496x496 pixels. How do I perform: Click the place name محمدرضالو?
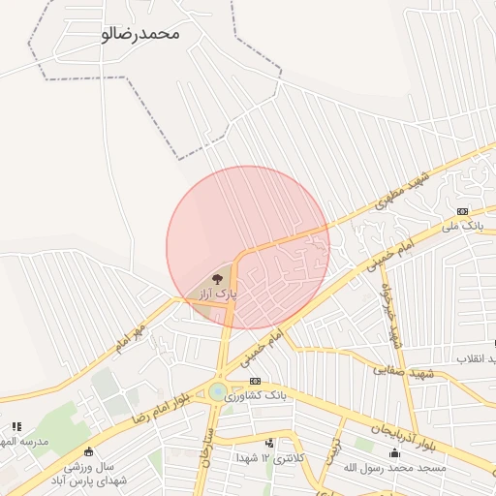pyautogui.click(x=140, y=33)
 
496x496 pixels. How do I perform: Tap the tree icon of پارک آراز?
pyautogui.click(x=216, y=278)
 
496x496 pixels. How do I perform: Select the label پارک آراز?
pyautogui.click(x=218, y=292)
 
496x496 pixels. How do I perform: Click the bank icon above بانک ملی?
pyautogui.click(x=462, y=211)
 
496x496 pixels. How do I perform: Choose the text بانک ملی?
pyautogui.click(x=461, y=226)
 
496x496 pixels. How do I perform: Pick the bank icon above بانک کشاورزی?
pyautogui.click(x=255, y=382)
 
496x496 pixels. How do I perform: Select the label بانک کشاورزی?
pyautogui.click(x=256, y=395)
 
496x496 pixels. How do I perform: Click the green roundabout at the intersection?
pyautogui.click(x=218, y=392)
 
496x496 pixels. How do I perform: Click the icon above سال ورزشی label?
pyautogui.click(x=89, y=450)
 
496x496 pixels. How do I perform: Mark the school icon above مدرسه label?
pyautogui.click(x=16, y=426)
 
